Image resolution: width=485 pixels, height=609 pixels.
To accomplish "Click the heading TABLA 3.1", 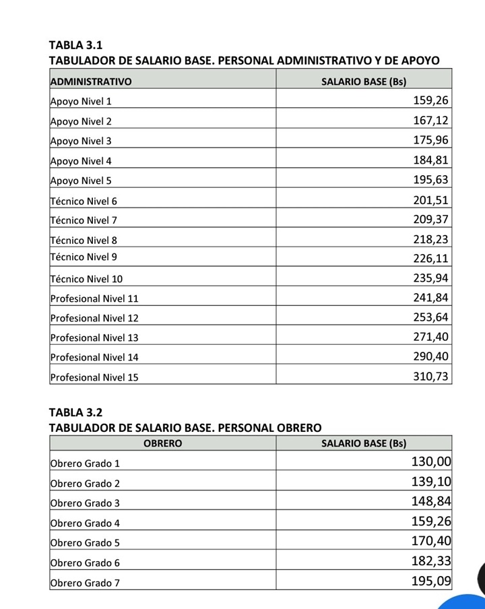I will [75, 46].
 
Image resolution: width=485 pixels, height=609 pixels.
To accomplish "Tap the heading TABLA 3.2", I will [75, 412].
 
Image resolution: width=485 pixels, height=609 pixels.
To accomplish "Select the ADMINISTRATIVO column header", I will [91, 82].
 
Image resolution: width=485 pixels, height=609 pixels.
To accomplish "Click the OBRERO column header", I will [162, 443].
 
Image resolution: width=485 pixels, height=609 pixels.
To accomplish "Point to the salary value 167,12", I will [430, 121].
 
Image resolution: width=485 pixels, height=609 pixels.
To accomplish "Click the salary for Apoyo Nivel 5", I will [430, 180].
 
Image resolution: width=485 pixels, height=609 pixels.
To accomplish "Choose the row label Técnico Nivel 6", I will [84, 201].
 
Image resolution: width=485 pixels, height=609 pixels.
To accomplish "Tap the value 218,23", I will [430, 239].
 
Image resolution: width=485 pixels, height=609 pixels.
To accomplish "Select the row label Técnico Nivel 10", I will [86, 279].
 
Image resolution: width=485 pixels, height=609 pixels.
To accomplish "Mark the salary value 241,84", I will [430, 298].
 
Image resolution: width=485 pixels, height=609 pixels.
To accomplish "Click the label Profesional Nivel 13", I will [94, 338].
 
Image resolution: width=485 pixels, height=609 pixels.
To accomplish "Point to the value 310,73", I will [430, 377].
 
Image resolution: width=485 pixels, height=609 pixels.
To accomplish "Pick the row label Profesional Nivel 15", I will [94, 377].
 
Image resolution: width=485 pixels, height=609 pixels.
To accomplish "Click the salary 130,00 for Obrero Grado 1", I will [430, 462].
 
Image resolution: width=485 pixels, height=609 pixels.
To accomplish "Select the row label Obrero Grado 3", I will [85, 503].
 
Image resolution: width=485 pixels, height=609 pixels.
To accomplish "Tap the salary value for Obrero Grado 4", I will [430, 521].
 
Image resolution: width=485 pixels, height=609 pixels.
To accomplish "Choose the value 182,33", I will [430, 560].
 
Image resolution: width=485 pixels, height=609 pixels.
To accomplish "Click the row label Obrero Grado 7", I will [85, 583].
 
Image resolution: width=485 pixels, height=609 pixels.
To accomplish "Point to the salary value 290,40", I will [430, 356].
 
